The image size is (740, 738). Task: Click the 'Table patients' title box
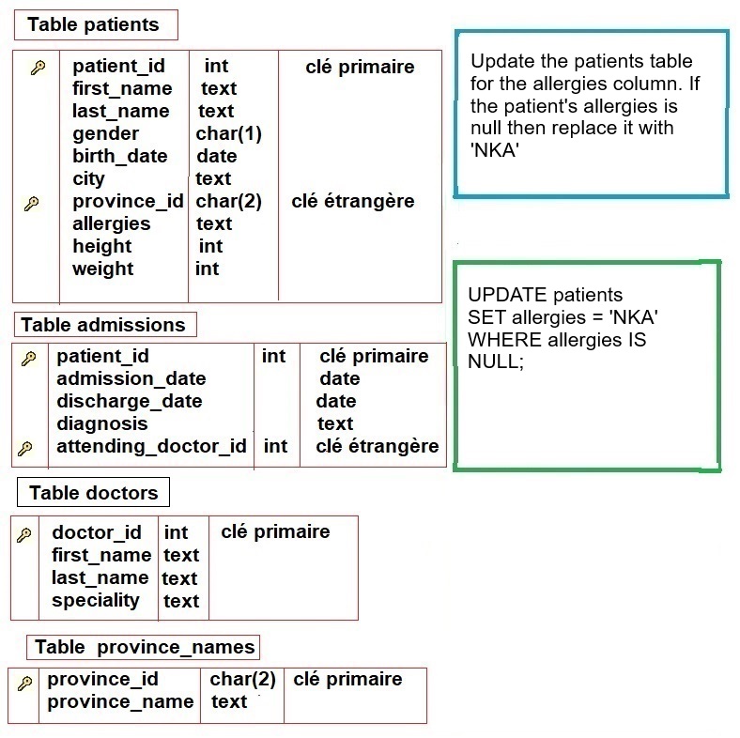96,24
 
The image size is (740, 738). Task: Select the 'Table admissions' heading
105,325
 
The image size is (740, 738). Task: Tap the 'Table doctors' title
94,492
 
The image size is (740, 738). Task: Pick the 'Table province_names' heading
144,647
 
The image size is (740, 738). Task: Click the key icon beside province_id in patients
32,204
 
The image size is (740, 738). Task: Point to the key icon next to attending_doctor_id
25,448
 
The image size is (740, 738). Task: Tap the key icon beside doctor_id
24,535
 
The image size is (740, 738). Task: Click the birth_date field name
120,157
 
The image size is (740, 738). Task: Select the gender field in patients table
106,134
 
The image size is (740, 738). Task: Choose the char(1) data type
229,134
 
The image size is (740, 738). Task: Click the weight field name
103,269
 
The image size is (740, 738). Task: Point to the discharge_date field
130,402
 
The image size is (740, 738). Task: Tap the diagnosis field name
102,424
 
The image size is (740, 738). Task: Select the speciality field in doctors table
96,601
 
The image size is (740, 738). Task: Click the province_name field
120,702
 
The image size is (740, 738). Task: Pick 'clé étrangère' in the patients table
353,202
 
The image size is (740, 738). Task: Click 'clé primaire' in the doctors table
275,532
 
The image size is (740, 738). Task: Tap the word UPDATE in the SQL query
507,295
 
